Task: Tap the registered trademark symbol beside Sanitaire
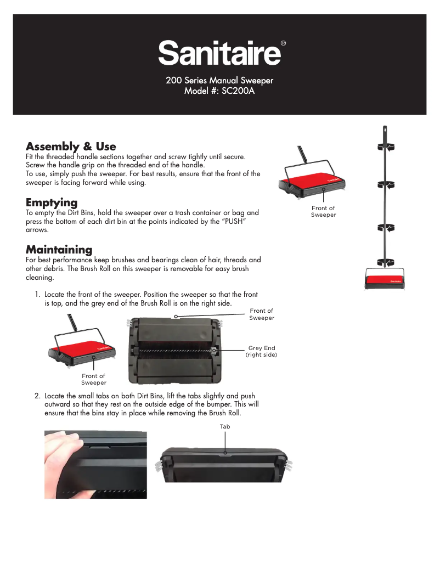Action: click(283, 43)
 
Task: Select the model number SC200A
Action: click(237, 91)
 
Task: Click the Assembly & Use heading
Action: click(71, 147)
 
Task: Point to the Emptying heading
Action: click(52, 202)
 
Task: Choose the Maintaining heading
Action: click(59, 250)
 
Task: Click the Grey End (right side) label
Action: click(261, 351)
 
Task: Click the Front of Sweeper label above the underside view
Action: click(261, 314)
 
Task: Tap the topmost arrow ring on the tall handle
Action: click(386, 147)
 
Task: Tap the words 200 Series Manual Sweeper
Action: click(219, 81)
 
